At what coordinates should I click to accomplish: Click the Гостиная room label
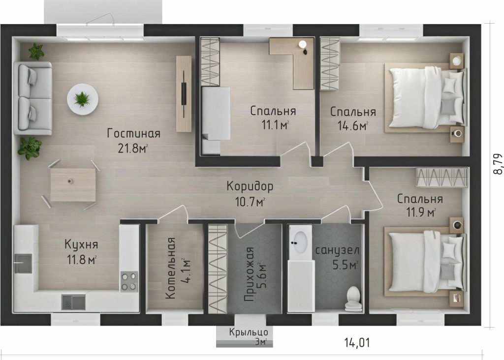pos(134,133)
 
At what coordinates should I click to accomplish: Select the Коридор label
pos(250,186)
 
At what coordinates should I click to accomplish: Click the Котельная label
pos(171,269)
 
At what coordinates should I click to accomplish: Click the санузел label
pos(337,250)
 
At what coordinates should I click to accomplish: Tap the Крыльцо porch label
pos(249,332)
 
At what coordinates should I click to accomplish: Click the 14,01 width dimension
pos(357,343)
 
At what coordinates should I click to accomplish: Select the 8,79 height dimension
pos(498,163)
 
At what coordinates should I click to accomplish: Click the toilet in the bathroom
pos(353,297)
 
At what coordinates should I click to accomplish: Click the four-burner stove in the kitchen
pos(129,282)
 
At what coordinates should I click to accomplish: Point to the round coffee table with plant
pos(83,99)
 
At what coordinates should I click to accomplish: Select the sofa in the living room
pos(32,98)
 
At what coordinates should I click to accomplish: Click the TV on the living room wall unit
pos(184,94)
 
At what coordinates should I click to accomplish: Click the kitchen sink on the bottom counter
pos(73,302)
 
